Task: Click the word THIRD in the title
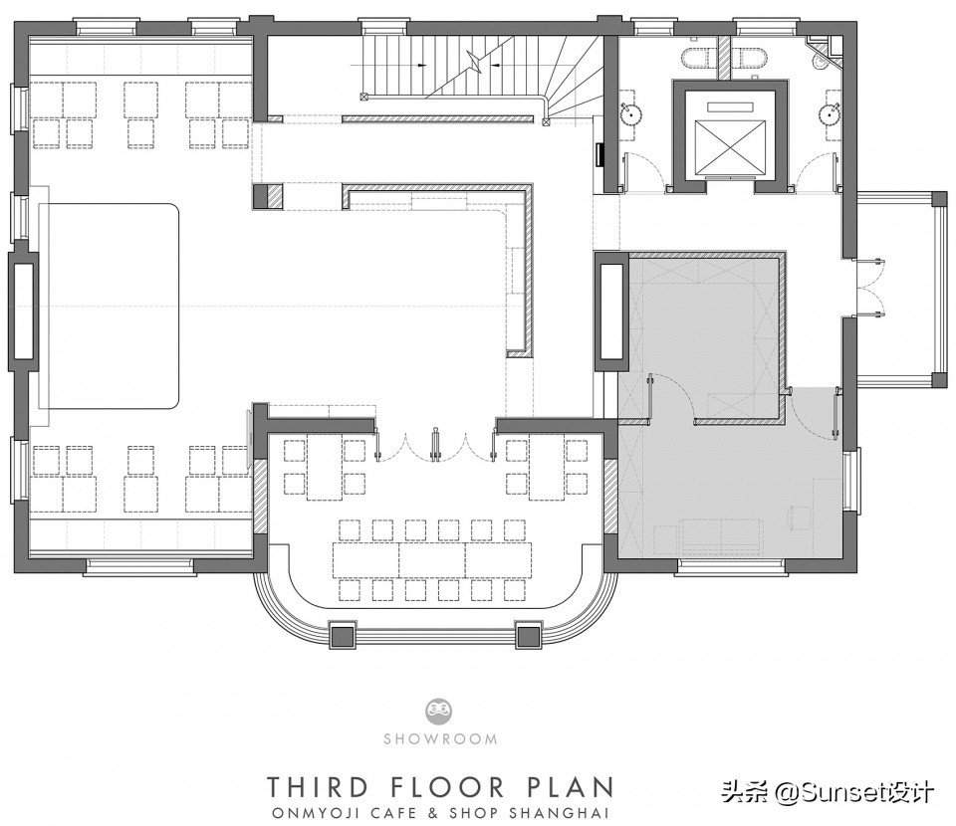[x=318, y=786]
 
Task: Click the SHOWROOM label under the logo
[x=440, y=738]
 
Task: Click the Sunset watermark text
[x=828, y=792]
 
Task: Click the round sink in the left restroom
[x=630, y=113]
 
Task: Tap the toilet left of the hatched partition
[x=699, y=59]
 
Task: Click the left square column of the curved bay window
[x=342, y=636]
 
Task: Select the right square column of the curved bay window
[x=529, y=636]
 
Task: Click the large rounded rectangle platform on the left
[x=109, y=307]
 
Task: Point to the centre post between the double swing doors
[x=435, y=444]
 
